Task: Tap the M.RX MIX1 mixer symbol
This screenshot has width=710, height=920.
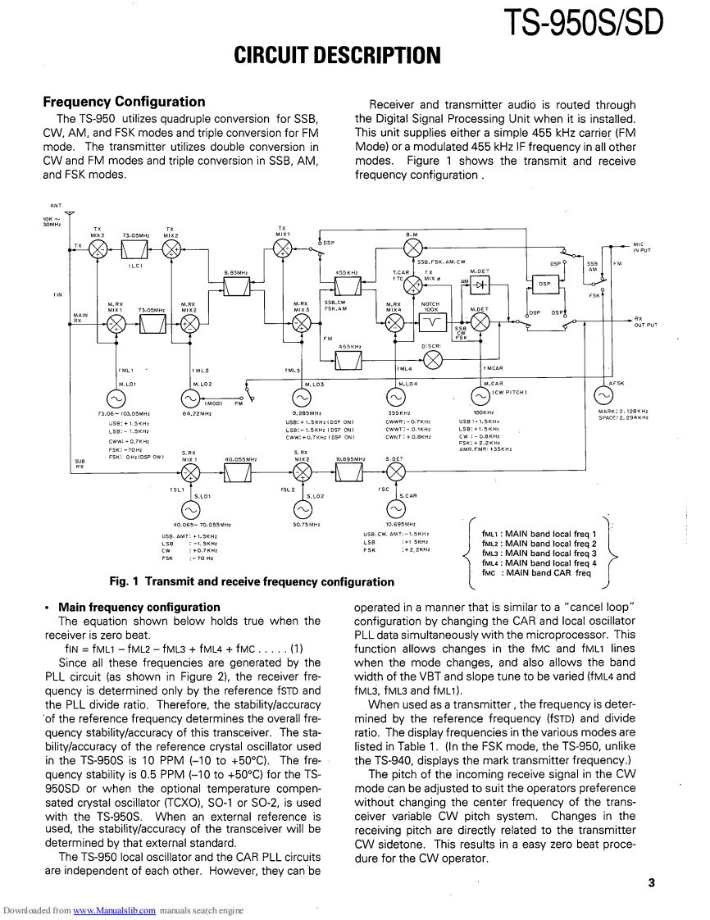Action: [x=116, y=323]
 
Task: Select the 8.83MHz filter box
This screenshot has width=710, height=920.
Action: [x=238, y=285]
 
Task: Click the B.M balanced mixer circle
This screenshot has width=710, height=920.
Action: [x=413, y=248]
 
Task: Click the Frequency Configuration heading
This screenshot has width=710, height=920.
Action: [x=124, y=102]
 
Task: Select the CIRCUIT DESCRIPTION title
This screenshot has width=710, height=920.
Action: [x=338, y=56]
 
